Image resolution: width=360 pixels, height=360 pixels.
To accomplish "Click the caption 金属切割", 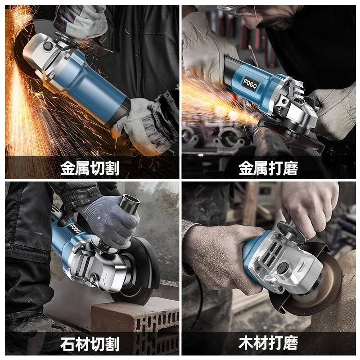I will [x=90, y=169].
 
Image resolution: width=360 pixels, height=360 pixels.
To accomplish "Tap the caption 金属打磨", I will [x=268, y=169].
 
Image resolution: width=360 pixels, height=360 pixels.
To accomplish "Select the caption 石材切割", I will [x=90, y=344].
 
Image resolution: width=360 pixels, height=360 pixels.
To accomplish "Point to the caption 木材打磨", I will [x=268, y=344].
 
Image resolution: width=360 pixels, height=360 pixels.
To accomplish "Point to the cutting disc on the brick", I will [x=139, y=274].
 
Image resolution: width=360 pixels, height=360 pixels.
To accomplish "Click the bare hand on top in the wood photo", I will [x=310, y=202].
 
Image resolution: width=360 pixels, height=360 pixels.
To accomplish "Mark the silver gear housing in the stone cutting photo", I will [x=97, y=265].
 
